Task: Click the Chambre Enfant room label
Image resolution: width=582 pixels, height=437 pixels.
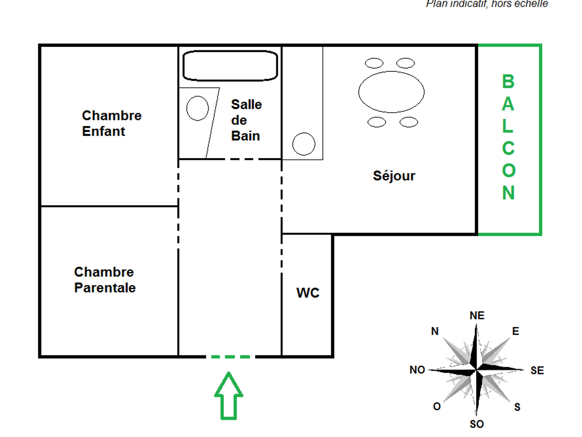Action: pyautogui.click(x=112, y=123)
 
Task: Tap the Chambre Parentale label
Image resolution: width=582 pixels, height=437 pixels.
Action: pyautogui.click(x=105, y=280)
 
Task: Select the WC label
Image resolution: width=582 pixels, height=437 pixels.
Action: pyautogui.click(x=308, y=293)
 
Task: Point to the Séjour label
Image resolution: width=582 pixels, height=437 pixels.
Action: pyautogui.click(x=394, y=176)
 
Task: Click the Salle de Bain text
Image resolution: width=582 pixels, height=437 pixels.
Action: pyautogui.click(x=246, y=120)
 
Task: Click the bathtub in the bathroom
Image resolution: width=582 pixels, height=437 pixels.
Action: pyautogui.click(x=230, y=66)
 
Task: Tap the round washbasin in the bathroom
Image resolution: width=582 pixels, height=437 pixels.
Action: pyautogui.click(x=197, y=108)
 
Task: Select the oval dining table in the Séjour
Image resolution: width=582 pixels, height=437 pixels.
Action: pyautogui.click(x=391, y=92)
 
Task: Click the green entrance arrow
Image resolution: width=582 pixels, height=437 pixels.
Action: pyautogui.click(x=228, y=396)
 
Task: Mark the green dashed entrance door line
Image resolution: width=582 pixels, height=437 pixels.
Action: pyautogui.click(x=230, y=357)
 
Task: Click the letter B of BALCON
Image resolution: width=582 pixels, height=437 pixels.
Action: pyautogui.click(x=508, y=81)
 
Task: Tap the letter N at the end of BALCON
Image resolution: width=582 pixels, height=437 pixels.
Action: pyautogui.click(x=508, y=193)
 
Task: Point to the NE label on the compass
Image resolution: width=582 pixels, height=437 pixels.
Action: pyautogui.click(x=477, y=316)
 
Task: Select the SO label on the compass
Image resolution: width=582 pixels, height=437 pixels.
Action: pyautogui.click(x=477, y=424)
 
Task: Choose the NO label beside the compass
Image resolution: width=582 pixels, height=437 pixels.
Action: pyautogui.click(x=417, y=370)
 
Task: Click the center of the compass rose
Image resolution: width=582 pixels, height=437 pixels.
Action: pyautogui.click(x=477, y=370)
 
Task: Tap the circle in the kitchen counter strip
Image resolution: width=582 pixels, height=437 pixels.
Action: pyautogui.click(x=304, y=144)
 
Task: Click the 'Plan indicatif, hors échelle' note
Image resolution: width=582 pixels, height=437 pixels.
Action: pyautogui.click(x=487, y=4)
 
